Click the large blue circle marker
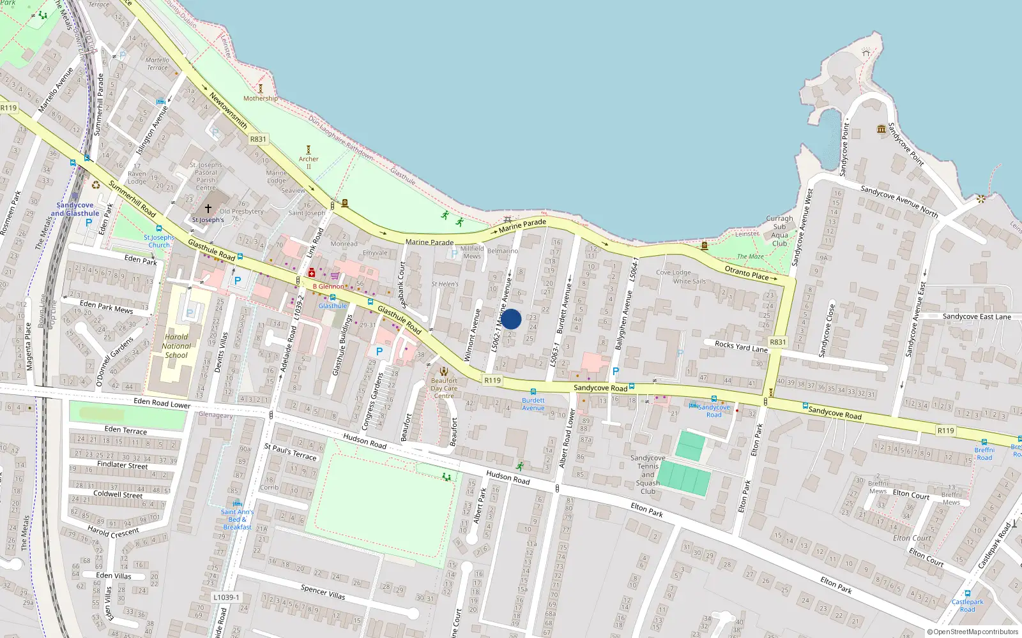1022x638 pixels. pos(511,319)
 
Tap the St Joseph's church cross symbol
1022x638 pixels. pos(208,209)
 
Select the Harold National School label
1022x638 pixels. pos(176,346)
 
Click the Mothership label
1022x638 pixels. pos(260,98)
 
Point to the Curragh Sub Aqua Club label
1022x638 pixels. pos(779,231)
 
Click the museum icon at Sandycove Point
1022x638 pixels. pos(882,129)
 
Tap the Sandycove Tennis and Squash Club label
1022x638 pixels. pos(648,474)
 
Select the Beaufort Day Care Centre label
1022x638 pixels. pos(444,388)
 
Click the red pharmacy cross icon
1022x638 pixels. pos(312,273)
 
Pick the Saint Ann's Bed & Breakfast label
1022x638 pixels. pos(237,519)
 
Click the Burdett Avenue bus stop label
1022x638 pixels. pos(533,404)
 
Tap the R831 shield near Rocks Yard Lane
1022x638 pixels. pos(777,342)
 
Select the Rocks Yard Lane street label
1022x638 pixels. pos(741,346)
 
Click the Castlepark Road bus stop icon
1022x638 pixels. pos(968,593)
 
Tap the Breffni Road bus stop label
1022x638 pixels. pos(984,454)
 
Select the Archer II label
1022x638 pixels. pos(309,163)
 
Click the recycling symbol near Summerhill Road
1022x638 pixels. pos(96,185)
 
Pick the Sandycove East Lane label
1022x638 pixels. pos(977,316)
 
